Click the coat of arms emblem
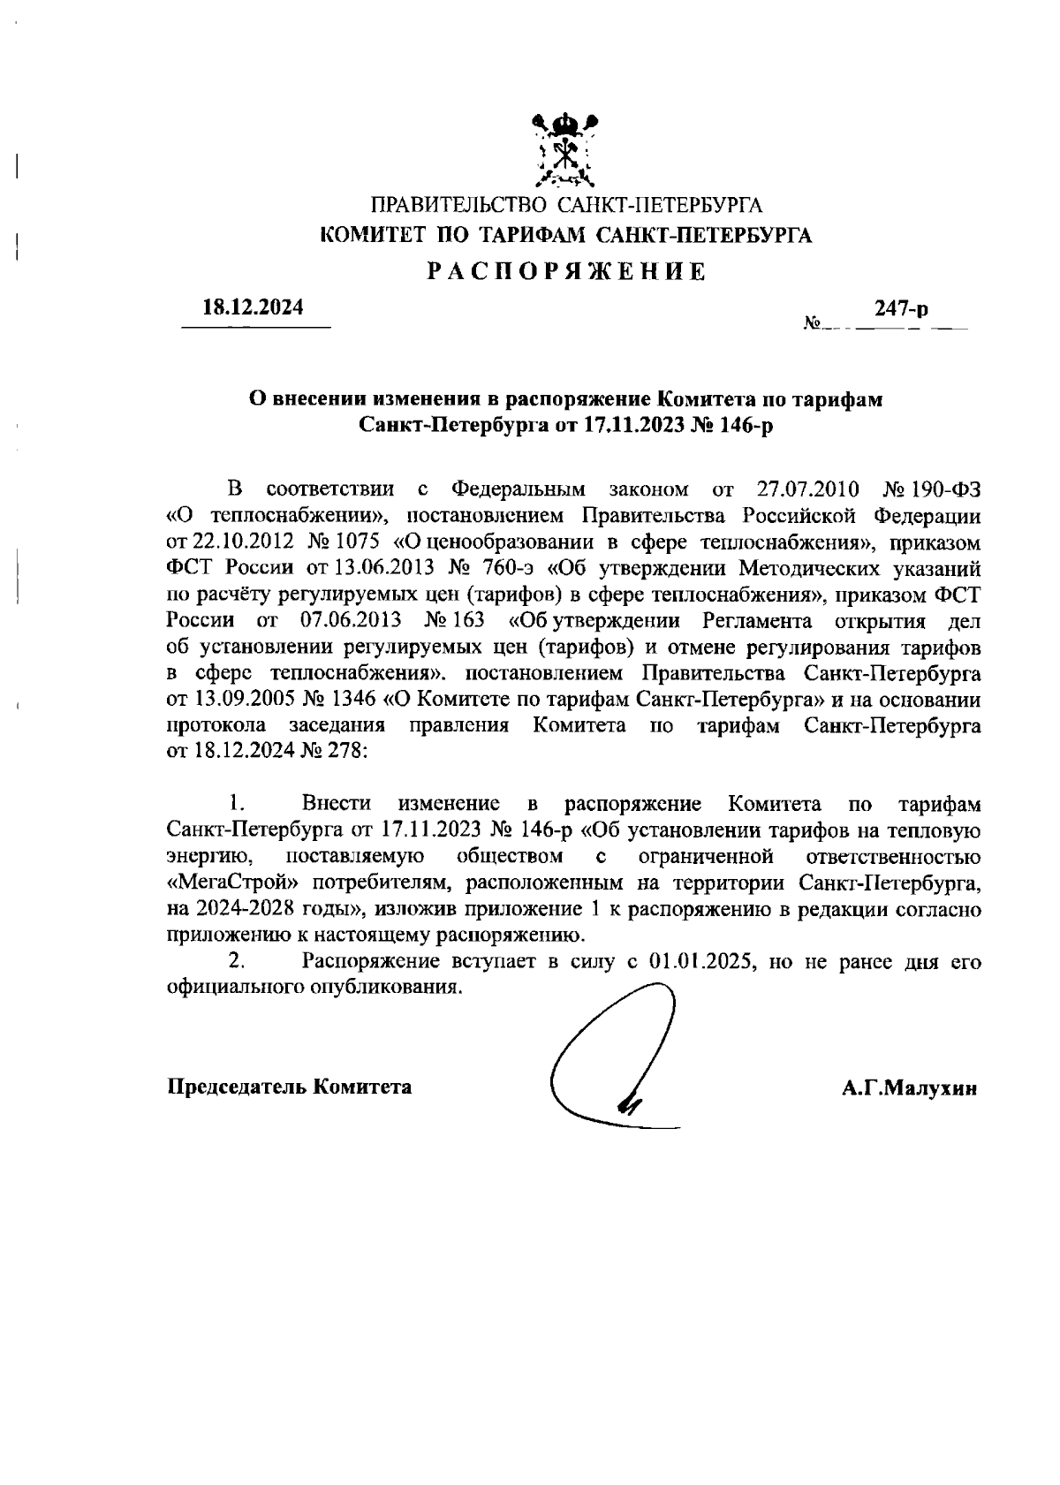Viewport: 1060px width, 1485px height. click(x=566, y=149)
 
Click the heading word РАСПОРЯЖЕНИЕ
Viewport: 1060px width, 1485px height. click(x=566, y=271)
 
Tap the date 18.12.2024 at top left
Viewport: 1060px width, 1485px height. click(x=254, y=308)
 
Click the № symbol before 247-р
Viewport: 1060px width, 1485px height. click(x=813, y=324)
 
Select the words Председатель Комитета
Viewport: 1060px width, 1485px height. click(x=290, y=1087)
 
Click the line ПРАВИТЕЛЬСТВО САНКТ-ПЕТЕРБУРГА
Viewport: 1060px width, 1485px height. click(x=566, y=207)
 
